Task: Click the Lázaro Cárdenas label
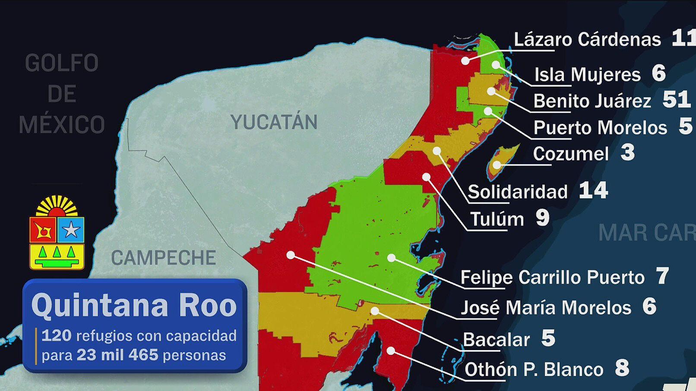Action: [587, 40]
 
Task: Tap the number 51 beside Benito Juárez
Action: [677, 100]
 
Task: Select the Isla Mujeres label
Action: [587, 75]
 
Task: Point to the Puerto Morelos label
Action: [600, 128]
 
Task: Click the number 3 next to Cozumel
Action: [628, 153]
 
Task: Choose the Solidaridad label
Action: [517, 192]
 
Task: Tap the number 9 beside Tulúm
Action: [543, 218]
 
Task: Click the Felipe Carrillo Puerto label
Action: [552, 278]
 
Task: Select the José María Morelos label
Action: [546, 308]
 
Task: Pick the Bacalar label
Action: [496, 340]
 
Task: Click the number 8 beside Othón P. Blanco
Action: [622, 369]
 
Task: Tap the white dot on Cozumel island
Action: [497, 165]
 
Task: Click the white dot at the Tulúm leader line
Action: [427, 177]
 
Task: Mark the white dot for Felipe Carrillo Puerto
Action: [391, 258]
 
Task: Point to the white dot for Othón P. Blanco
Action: [391, 351]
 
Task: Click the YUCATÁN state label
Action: [274, 122]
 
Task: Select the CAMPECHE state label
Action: [163, 258]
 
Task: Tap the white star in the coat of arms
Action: [71, 230]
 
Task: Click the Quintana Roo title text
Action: [134, 306]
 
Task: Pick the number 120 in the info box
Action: [57, 335]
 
